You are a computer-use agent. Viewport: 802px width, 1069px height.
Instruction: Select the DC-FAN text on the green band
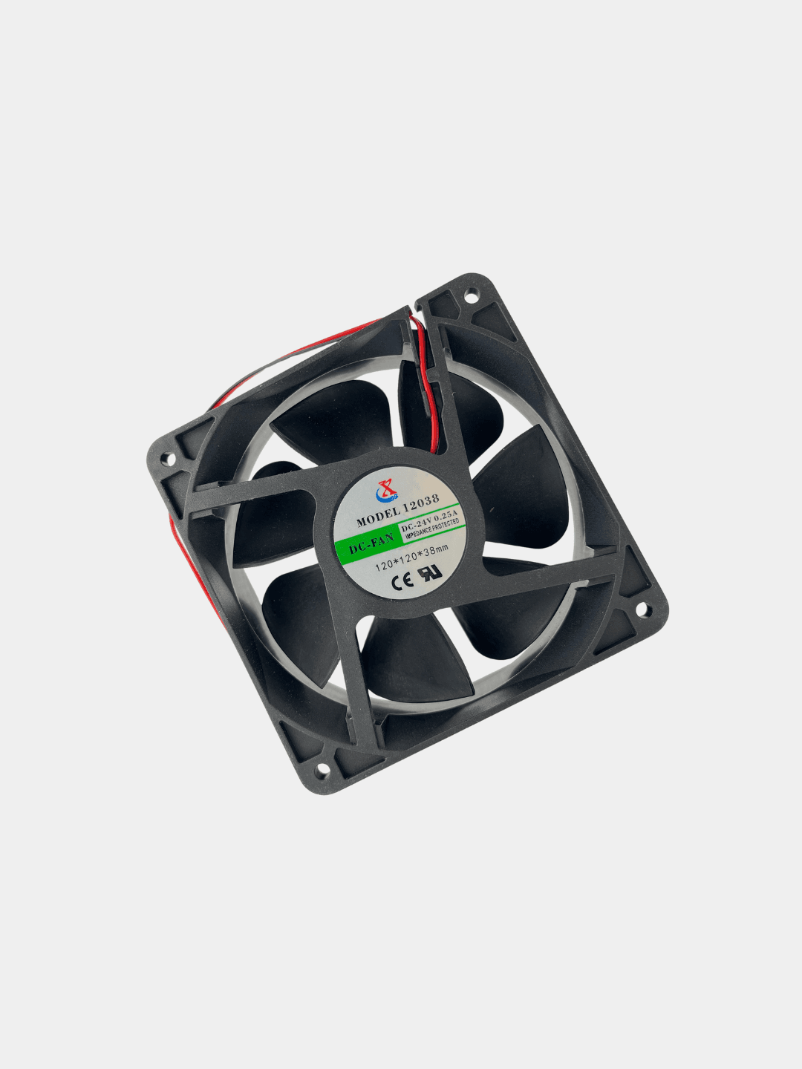371,543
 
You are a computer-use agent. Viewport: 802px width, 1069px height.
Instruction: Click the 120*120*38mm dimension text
412,558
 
